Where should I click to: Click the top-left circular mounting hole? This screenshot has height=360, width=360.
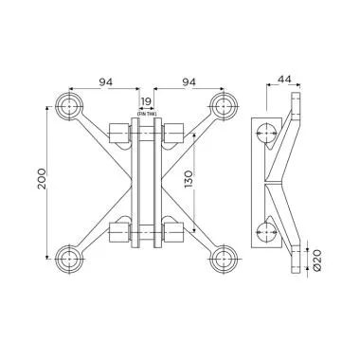(x=68, y=106)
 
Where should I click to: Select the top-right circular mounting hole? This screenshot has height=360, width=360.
(x=224, y=106)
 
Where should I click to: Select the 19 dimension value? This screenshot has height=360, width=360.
(x=146, y=100)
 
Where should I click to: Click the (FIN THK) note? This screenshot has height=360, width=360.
(x=146, y=113)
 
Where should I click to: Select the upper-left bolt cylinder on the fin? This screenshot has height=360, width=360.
(x=120, y=135)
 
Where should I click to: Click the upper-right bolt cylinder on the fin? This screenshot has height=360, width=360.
(x=171, y=135)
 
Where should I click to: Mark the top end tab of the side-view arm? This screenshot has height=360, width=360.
(x=300, y=102)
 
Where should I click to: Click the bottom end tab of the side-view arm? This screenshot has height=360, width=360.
(x=300, y=261)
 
